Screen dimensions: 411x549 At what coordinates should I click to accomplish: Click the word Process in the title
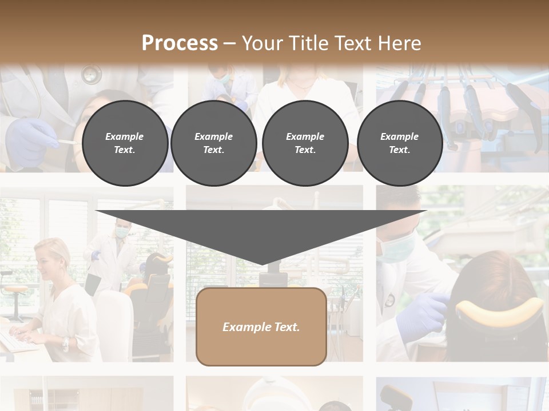(x=180, y=43)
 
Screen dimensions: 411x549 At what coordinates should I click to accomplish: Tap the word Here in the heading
(x=399, y=43)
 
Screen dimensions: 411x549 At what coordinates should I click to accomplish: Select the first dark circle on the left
(x=125, y=143)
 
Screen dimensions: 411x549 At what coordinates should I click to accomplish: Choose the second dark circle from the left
(x=213, y=143)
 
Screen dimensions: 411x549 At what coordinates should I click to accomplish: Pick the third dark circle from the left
(x=305, y=143)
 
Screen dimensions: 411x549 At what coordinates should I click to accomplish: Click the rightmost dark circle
(x=399, y=143)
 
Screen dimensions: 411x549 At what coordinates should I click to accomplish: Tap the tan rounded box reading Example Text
(x=261, y=327)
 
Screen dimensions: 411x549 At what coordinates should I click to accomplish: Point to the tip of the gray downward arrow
(x=261, y=263)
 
